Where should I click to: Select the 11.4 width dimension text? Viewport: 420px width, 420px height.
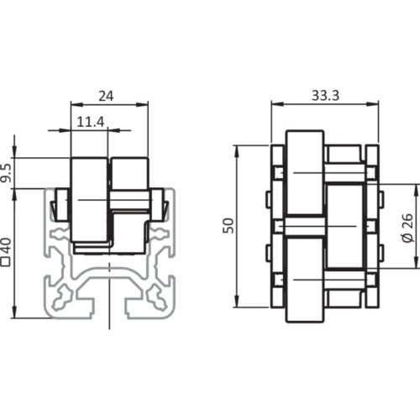pyautogui.click(x=91, y=123)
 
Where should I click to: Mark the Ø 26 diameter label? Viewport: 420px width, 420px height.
pyautogui.click(x=406, y=226)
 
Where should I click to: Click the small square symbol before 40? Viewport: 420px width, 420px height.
pyautogui.click(x=7, y=263)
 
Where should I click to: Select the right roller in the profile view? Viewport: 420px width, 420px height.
pyautogui.click(x=129, y=189)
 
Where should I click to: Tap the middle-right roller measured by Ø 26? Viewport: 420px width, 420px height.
pyautogui.click(x=344, y=226)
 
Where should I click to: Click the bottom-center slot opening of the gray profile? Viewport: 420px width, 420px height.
pyautogui.click(x=109, y=312)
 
